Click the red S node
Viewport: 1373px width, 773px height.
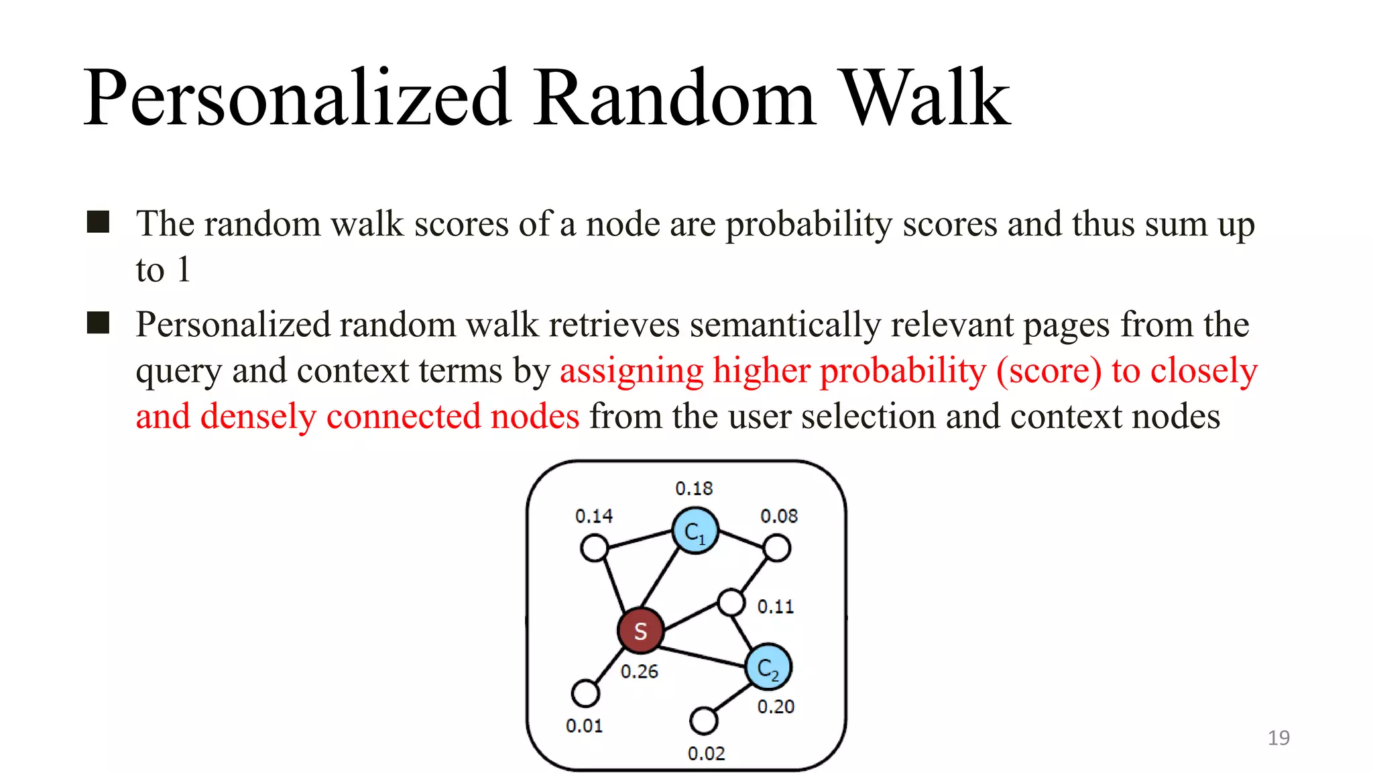pos(640,631)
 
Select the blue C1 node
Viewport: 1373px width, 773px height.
pos(695,531)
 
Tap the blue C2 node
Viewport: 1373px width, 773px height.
pos(768,667)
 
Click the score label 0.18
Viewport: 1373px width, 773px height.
pos(694,488)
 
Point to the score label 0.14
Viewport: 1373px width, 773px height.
pos(594,516)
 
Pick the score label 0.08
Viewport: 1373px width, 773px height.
pos(779,516)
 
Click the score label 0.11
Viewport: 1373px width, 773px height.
pos(776,607)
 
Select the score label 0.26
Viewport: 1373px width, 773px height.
pos(639,671)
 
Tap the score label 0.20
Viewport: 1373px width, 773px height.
pos(776,707)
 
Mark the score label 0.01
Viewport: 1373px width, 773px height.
pos(584,726)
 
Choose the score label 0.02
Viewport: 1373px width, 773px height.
pos(706,754)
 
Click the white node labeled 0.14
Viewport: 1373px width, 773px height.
pos(594,548)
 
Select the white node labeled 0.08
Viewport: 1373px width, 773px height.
pos(777,548)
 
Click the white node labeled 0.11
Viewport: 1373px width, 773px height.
pos(731,602)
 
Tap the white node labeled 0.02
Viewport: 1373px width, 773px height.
pos(703,721)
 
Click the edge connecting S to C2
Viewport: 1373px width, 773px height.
pos(704,656)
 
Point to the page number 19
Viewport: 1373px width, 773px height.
pos(1278,738)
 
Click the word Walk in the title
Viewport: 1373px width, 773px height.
pos(924,99)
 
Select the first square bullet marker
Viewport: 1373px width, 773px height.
pos(98,222)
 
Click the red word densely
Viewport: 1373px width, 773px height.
pos(257,416)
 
